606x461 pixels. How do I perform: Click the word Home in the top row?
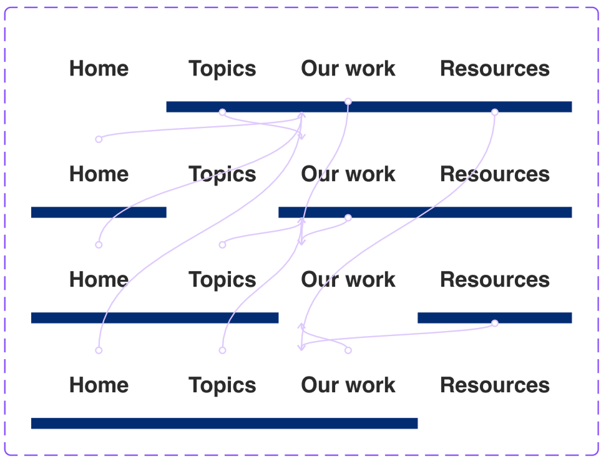(99, 69)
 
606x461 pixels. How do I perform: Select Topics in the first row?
(222, 69)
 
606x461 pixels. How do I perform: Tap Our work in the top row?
(348, 69)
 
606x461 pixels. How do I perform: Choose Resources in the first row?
(494, 69)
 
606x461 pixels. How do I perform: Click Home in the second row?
(99, 174)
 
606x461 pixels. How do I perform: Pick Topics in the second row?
(222, 174)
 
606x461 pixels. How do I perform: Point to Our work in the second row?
(348, 174)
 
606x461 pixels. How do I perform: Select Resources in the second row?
(494, 174)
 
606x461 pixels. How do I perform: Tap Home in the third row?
(99, 280)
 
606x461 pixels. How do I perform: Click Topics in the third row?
(222, 280)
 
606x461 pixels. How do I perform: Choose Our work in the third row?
(348, 280)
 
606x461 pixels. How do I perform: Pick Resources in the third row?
(494, 280)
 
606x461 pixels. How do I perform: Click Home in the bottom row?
(99, 385)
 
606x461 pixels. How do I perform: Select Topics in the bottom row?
(222, 385)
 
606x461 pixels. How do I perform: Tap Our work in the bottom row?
(348, 385)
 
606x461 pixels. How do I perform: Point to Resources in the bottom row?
(494, 385)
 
